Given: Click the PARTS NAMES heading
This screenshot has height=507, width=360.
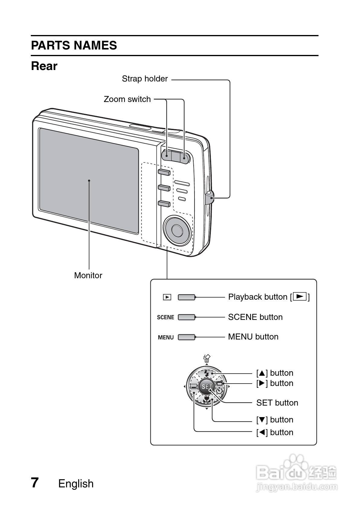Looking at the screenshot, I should point(74,46).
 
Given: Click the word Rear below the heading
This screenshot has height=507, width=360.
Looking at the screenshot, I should point(44,66).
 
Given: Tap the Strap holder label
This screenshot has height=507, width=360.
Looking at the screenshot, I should point(145,79).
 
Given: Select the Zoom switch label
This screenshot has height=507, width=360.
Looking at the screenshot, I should point(127,99).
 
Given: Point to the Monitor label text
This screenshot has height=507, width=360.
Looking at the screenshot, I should point(88,275).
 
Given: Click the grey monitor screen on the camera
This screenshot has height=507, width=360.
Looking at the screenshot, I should point(89,180).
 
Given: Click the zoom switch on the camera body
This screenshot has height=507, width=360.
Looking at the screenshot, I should point(175,156).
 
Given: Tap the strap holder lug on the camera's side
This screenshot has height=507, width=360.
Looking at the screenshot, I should point(210,197).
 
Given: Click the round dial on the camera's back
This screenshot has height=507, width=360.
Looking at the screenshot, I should point(177,230).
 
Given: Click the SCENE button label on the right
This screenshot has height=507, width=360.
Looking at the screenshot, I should point(255,317).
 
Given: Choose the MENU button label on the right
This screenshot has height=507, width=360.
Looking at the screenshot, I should point(253,337).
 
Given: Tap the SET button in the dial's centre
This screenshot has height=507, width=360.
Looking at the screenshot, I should point(207,387).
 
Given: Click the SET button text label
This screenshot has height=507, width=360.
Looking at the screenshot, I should point(277,403).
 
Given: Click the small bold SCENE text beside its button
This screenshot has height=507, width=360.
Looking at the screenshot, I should point(166,317).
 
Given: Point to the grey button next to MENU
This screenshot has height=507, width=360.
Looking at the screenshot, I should point(186,337).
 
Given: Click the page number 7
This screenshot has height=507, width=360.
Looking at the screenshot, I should point(35,483).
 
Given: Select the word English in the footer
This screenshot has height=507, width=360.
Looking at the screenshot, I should point(76,483).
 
